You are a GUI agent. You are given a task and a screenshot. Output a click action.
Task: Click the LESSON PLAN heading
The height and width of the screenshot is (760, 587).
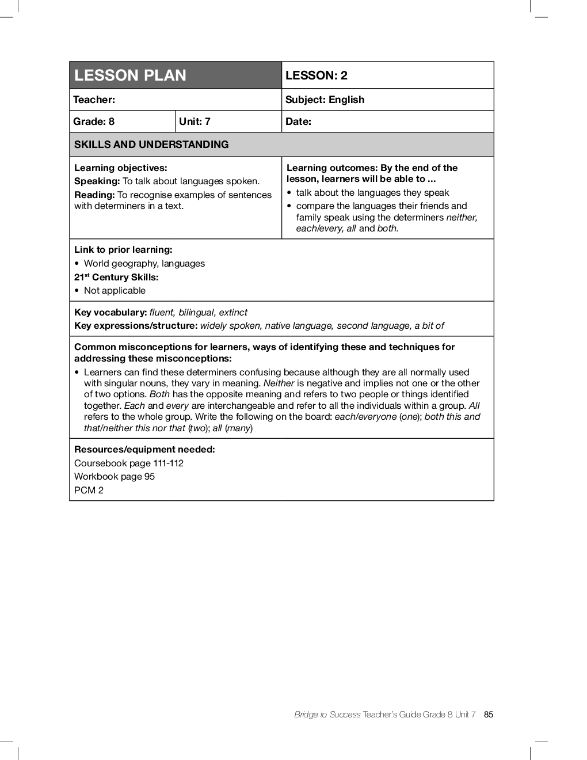point(130,75)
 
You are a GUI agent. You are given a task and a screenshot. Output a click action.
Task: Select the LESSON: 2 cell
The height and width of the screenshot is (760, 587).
point(317,75)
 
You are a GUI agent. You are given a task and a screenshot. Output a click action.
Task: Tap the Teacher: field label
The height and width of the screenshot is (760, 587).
point(94,100)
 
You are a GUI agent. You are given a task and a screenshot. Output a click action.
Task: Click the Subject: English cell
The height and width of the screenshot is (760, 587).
point(325,100)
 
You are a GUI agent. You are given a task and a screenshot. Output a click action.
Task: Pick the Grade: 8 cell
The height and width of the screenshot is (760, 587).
point(94,121)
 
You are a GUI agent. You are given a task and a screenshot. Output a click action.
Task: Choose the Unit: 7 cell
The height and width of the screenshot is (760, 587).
point(195,121)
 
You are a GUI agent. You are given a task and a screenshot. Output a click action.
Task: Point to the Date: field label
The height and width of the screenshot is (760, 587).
point(298,121)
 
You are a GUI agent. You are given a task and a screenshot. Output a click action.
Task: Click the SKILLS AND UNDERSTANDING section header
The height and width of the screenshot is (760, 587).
point(151,145)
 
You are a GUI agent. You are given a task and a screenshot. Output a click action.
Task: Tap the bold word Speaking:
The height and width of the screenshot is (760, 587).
point(97,181)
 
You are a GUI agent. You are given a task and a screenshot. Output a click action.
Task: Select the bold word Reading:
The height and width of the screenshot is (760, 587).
point(95,195)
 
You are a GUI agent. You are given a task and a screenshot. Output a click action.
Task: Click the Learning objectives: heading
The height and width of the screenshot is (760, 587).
point(121,168)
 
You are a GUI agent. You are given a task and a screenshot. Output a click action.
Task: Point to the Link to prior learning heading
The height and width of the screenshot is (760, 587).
point(123,250)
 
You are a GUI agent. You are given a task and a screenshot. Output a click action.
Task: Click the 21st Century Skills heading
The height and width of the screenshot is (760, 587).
point(116,277)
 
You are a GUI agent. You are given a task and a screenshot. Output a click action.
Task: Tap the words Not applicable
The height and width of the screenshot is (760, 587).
point(115,291)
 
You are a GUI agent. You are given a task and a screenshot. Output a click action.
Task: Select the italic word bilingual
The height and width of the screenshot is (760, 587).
point(196,313)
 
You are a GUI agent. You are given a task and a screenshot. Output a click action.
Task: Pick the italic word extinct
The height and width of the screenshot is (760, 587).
point(233,313)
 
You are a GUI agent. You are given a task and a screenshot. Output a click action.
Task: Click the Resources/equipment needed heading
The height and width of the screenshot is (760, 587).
point(144,450)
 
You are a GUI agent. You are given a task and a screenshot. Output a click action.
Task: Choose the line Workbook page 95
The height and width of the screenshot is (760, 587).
point(115,477)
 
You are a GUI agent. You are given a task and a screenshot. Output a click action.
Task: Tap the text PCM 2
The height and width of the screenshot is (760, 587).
point(89,491)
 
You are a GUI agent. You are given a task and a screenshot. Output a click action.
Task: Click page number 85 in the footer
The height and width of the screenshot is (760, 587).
point(489,715)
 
